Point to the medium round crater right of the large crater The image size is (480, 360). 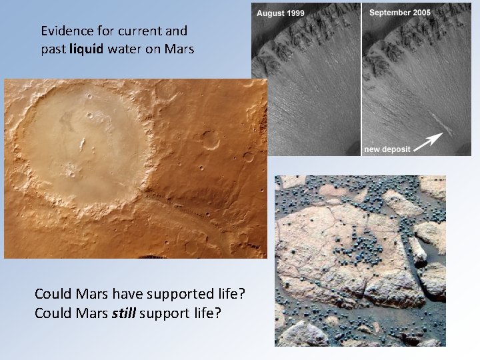(x=211, y=139)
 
